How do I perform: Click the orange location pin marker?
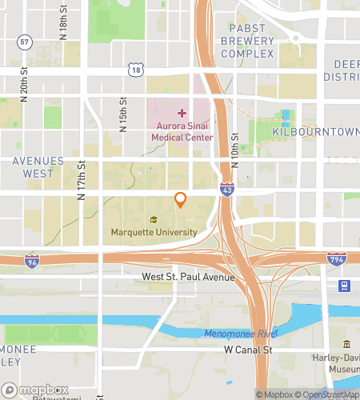pyautogui.click(x=181, y=200)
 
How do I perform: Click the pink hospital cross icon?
pyautogui.click(x=182, y=114)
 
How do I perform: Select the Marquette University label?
pyautogui.click(x=154, y=232)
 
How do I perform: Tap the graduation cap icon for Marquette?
pyautogui.click(x=154, y=219)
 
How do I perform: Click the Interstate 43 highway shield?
pyautogui.click(x=229, y=189)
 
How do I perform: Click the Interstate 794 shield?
pyautogui.click(x=336, y=258)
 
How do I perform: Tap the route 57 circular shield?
pyautogui.click(x=26, y=41)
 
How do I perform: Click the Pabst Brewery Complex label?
pyautogui.click(x=247, y=41)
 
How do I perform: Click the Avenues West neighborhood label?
pyautogui.click(x=38, y=166)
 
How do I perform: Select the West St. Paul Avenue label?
pyautogui.click(x=188, y=278)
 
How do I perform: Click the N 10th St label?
pyautogui.click(x=234, y=150)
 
